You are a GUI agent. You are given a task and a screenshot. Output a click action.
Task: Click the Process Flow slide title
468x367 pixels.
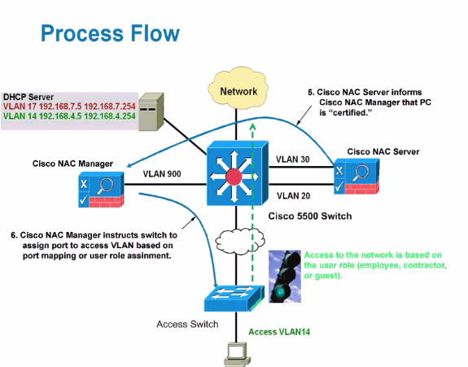109,33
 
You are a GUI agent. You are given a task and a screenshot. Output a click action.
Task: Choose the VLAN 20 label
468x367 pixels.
294,195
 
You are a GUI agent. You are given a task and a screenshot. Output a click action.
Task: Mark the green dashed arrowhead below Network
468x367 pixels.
253,128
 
